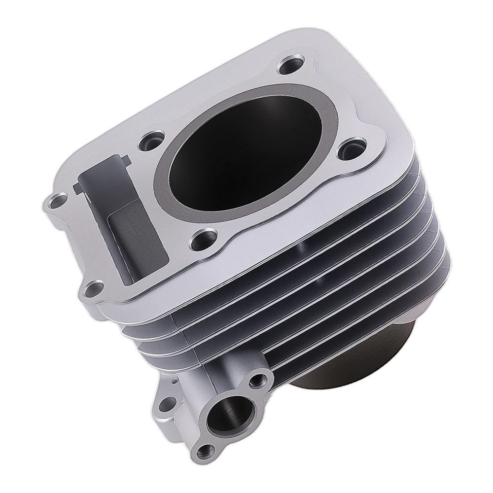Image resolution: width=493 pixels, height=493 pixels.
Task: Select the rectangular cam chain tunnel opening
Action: tap(118, 207)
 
